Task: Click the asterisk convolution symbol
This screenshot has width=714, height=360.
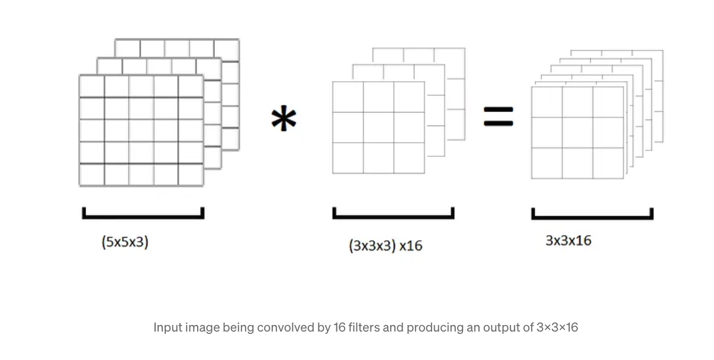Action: point(284,120)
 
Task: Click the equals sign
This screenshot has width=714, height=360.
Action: point(498,117)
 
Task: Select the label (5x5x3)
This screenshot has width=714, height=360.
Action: point(125,242)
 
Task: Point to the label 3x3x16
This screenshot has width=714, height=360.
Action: point(568,240)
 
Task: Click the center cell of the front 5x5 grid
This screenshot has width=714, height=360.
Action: point(141,130)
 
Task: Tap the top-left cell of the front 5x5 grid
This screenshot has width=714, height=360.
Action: point(92,86)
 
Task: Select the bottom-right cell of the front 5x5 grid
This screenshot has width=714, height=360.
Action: point(191,175)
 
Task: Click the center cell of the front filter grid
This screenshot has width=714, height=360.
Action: point(378,127)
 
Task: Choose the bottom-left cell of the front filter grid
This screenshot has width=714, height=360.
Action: point(348,158)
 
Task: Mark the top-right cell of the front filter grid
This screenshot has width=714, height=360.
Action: point(409,97)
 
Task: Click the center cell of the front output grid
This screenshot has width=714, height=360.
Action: point(577,133)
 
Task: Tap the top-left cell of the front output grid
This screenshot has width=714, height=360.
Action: point(546,102)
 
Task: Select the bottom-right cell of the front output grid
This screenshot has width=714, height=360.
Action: point(608,163)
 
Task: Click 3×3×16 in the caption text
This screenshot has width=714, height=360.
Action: point(557,327)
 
